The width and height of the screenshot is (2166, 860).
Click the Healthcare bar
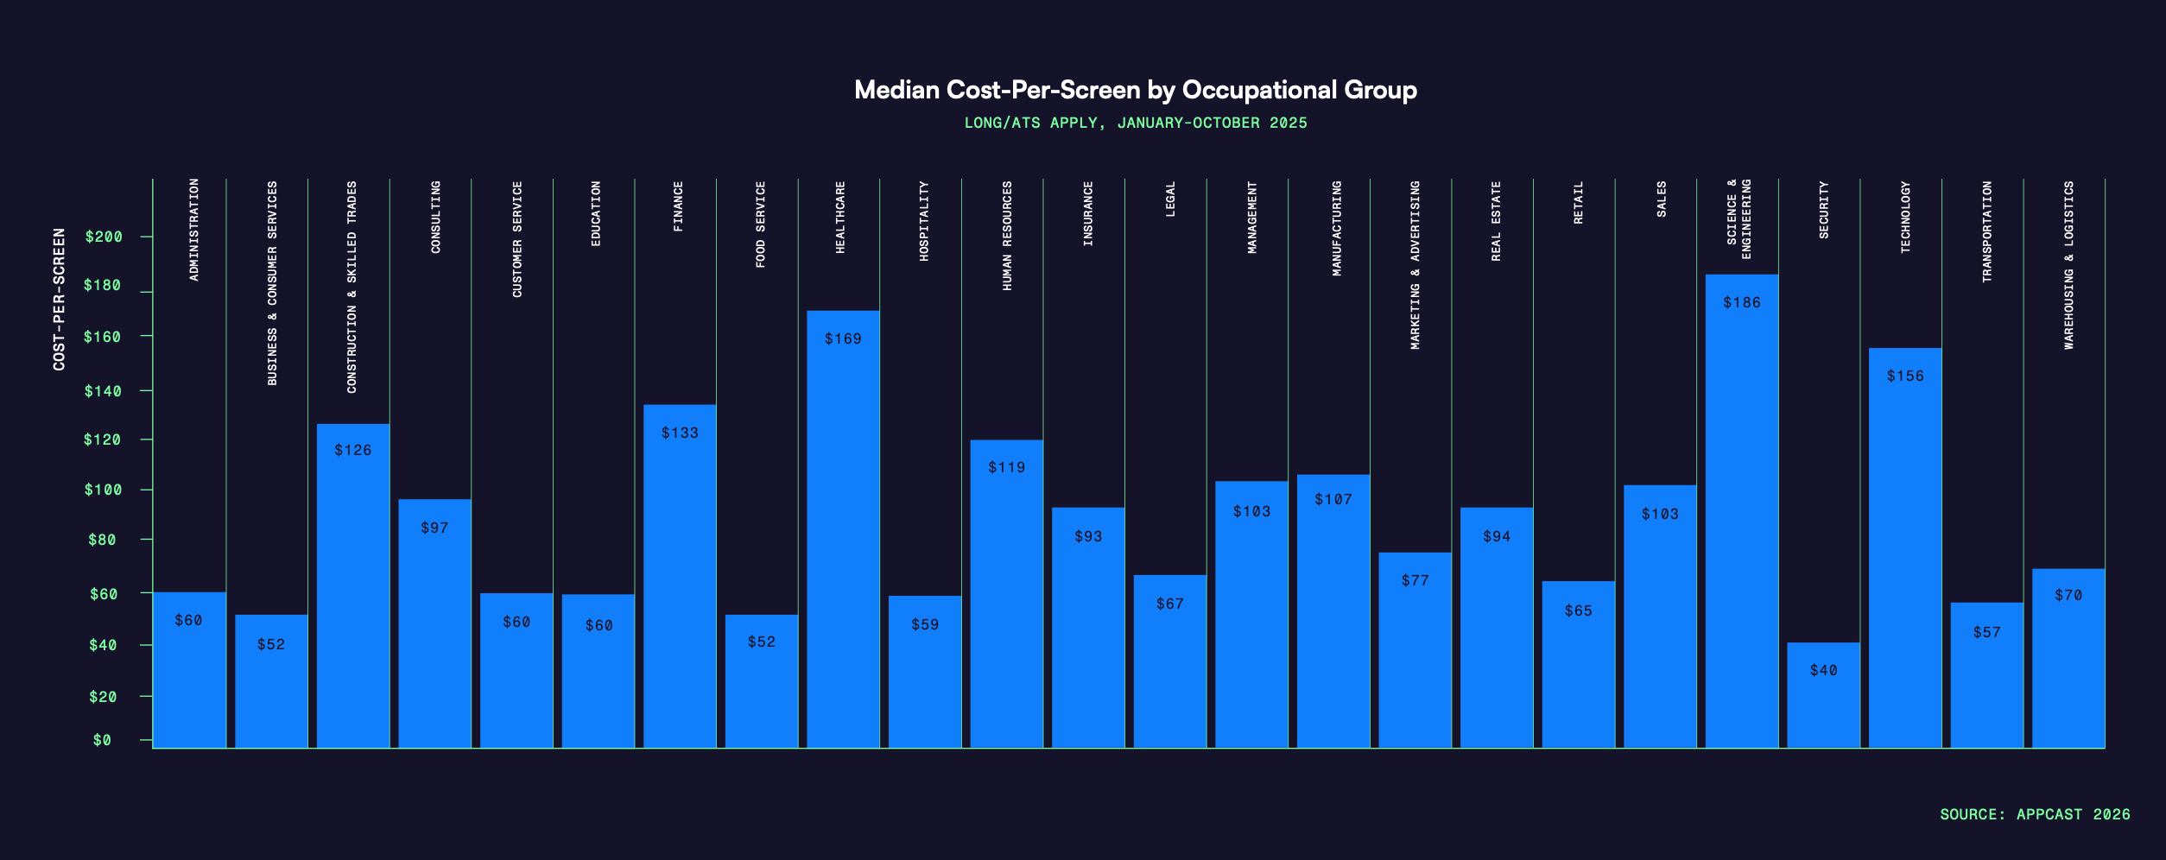[x=843, y=528]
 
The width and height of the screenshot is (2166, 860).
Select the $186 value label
[x=1741, y=302]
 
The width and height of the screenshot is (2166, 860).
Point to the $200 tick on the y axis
[x=104, y=237]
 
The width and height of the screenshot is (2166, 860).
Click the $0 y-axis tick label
[x=102, y=740]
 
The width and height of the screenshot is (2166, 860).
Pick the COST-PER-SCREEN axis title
[x=59, y=300]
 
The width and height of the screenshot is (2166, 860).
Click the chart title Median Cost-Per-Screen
[x=1135, y=90]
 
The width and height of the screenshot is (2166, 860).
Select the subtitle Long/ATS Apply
[x=1135, y=123]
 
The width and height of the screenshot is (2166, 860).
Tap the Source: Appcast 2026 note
[x=2035, y=814]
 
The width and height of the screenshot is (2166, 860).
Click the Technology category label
[x=1905, y=217]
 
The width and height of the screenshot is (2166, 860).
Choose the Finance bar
[x=680, y=576]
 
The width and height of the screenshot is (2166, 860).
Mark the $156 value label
[x=1904, y=376]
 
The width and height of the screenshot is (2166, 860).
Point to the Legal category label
[x=1170, y=199]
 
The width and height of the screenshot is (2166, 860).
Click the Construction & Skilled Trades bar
[x=352, y=585]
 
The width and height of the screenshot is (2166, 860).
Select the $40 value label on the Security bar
[x=1823, y=670]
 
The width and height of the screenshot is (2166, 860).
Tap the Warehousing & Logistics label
[x=2068, y=265]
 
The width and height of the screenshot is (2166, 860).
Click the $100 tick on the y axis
[x=103, y=490]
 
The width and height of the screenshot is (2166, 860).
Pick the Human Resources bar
[x=1006, y=594]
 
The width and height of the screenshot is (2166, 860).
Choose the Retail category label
[x=1578, y=203]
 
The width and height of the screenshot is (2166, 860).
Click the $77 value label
[x=1415, y=580]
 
